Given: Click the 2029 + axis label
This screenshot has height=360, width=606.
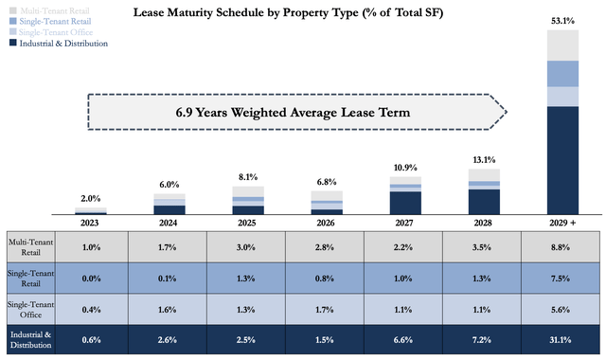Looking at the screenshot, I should coord(561,225).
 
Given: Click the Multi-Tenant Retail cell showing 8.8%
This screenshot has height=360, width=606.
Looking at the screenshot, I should coord(561,247).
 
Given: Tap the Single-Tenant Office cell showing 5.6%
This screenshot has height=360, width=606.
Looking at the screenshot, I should coord(561,309).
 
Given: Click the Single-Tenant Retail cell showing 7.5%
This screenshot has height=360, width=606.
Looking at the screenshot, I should coord(561,278).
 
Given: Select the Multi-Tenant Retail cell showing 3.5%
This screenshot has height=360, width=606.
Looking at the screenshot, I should coord(484,247).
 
